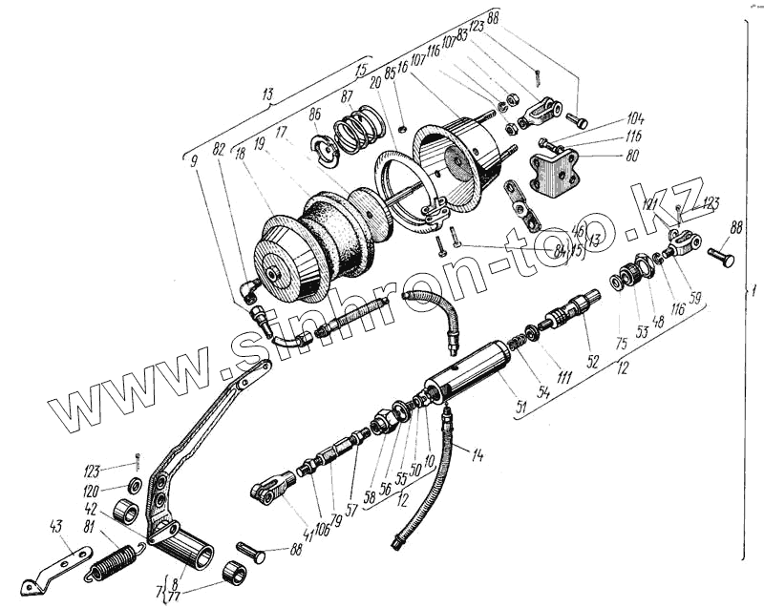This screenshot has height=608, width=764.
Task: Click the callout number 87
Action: point(346,96)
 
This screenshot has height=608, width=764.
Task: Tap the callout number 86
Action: point(315,115)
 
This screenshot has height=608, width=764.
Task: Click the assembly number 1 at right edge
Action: point(753,291)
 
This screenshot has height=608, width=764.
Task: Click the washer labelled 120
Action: point(133,487)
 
